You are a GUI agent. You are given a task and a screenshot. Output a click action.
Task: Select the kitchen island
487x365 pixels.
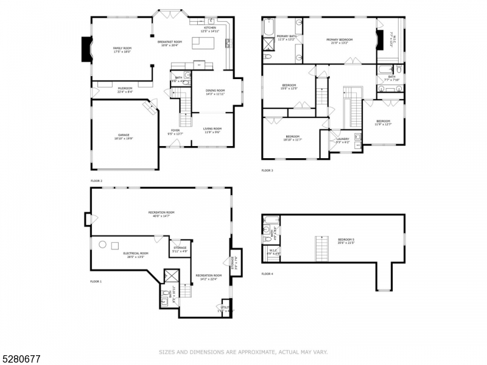pos(201,43)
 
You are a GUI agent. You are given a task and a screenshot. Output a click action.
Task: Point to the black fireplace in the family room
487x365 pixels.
pos(86,49)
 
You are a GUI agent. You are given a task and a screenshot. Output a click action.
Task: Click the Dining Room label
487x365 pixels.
pos(215,92)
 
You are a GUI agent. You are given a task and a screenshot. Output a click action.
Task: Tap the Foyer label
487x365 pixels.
pos(175,132)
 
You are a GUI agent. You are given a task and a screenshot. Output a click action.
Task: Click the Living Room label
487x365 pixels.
pos(212,130)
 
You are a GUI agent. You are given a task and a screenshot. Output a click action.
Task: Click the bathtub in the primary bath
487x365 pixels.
pos(269,27)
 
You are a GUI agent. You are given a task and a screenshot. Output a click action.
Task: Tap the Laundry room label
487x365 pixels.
pos(343,141)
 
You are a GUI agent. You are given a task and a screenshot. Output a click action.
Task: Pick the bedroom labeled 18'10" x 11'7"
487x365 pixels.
pos(292,137)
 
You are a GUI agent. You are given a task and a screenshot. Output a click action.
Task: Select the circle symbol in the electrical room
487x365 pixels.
pos(102,245)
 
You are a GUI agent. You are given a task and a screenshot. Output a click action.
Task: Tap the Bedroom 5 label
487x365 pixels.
pos(345,241)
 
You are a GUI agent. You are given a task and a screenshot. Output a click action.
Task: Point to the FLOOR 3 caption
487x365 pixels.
pos(267,170)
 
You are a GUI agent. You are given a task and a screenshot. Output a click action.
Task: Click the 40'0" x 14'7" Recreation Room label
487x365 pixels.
pos(161,214)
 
